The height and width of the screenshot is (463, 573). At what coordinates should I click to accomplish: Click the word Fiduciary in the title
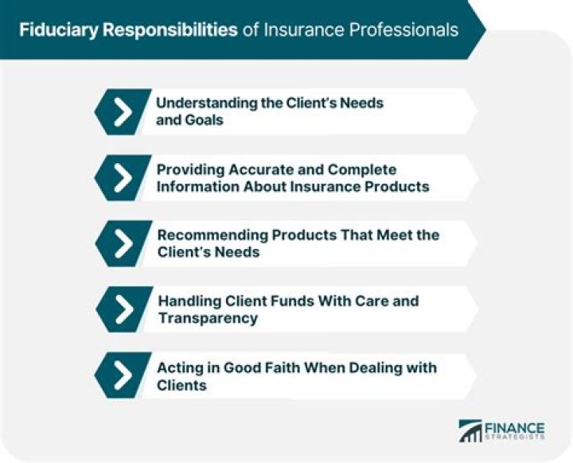coord(58,30)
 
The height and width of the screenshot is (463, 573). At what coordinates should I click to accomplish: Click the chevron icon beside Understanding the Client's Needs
coord(122,112)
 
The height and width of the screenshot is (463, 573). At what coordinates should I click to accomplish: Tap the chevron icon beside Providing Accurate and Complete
coord(122,179)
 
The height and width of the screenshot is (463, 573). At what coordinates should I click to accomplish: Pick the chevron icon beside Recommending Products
coord(122,244)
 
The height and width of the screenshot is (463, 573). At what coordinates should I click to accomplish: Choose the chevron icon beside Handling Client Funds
coord(122,309)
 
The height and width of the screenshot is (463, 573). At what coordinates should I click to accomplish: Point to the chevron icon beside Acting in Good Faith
coord(122,375)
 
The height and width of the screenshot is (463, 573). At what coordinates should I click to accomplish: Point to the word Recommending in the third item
coord(212,235)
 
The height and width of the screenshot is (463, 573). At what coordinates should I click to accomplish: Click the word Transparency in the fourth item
coord(207,318)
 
